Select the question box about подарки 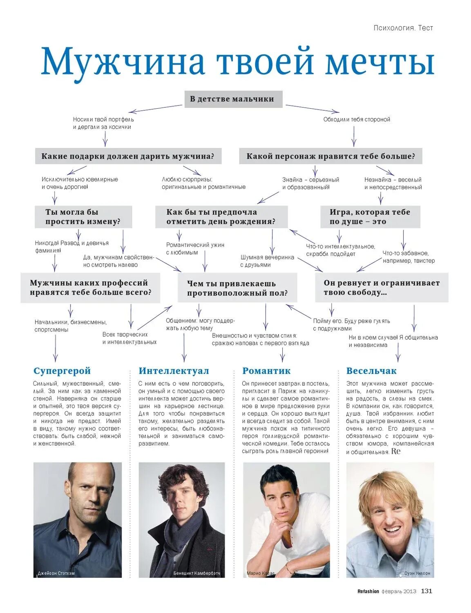pos(128,156)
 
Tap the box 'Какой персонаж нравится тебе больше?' pos(330,156)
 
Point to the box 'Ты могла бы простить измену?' pos(83,217)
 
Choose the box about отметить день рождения pos(221,217)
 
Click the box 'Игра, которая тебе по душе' pos(370,217)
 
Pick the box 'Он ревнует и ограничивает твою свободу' pos(382,287)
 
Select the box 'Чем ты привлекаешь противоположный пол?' pos(237,288)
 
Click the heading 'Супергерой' pos(62,371)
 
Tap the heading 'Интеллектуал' pos(174,371)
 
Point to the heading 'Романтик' pos(266,371)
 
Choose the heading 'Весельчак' pos(371,371)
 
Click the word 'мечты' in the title pos(379,62)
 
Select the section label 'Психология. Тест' pos(403,28)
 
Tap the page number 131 pos(426,591)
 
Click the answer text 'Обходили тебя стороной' pos(357,119)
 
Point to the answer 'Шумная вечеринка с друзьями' pos(267,261)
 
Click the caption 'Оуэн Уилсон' pos(417,573)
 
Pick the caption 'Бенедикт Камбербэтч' pos(196,573)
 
